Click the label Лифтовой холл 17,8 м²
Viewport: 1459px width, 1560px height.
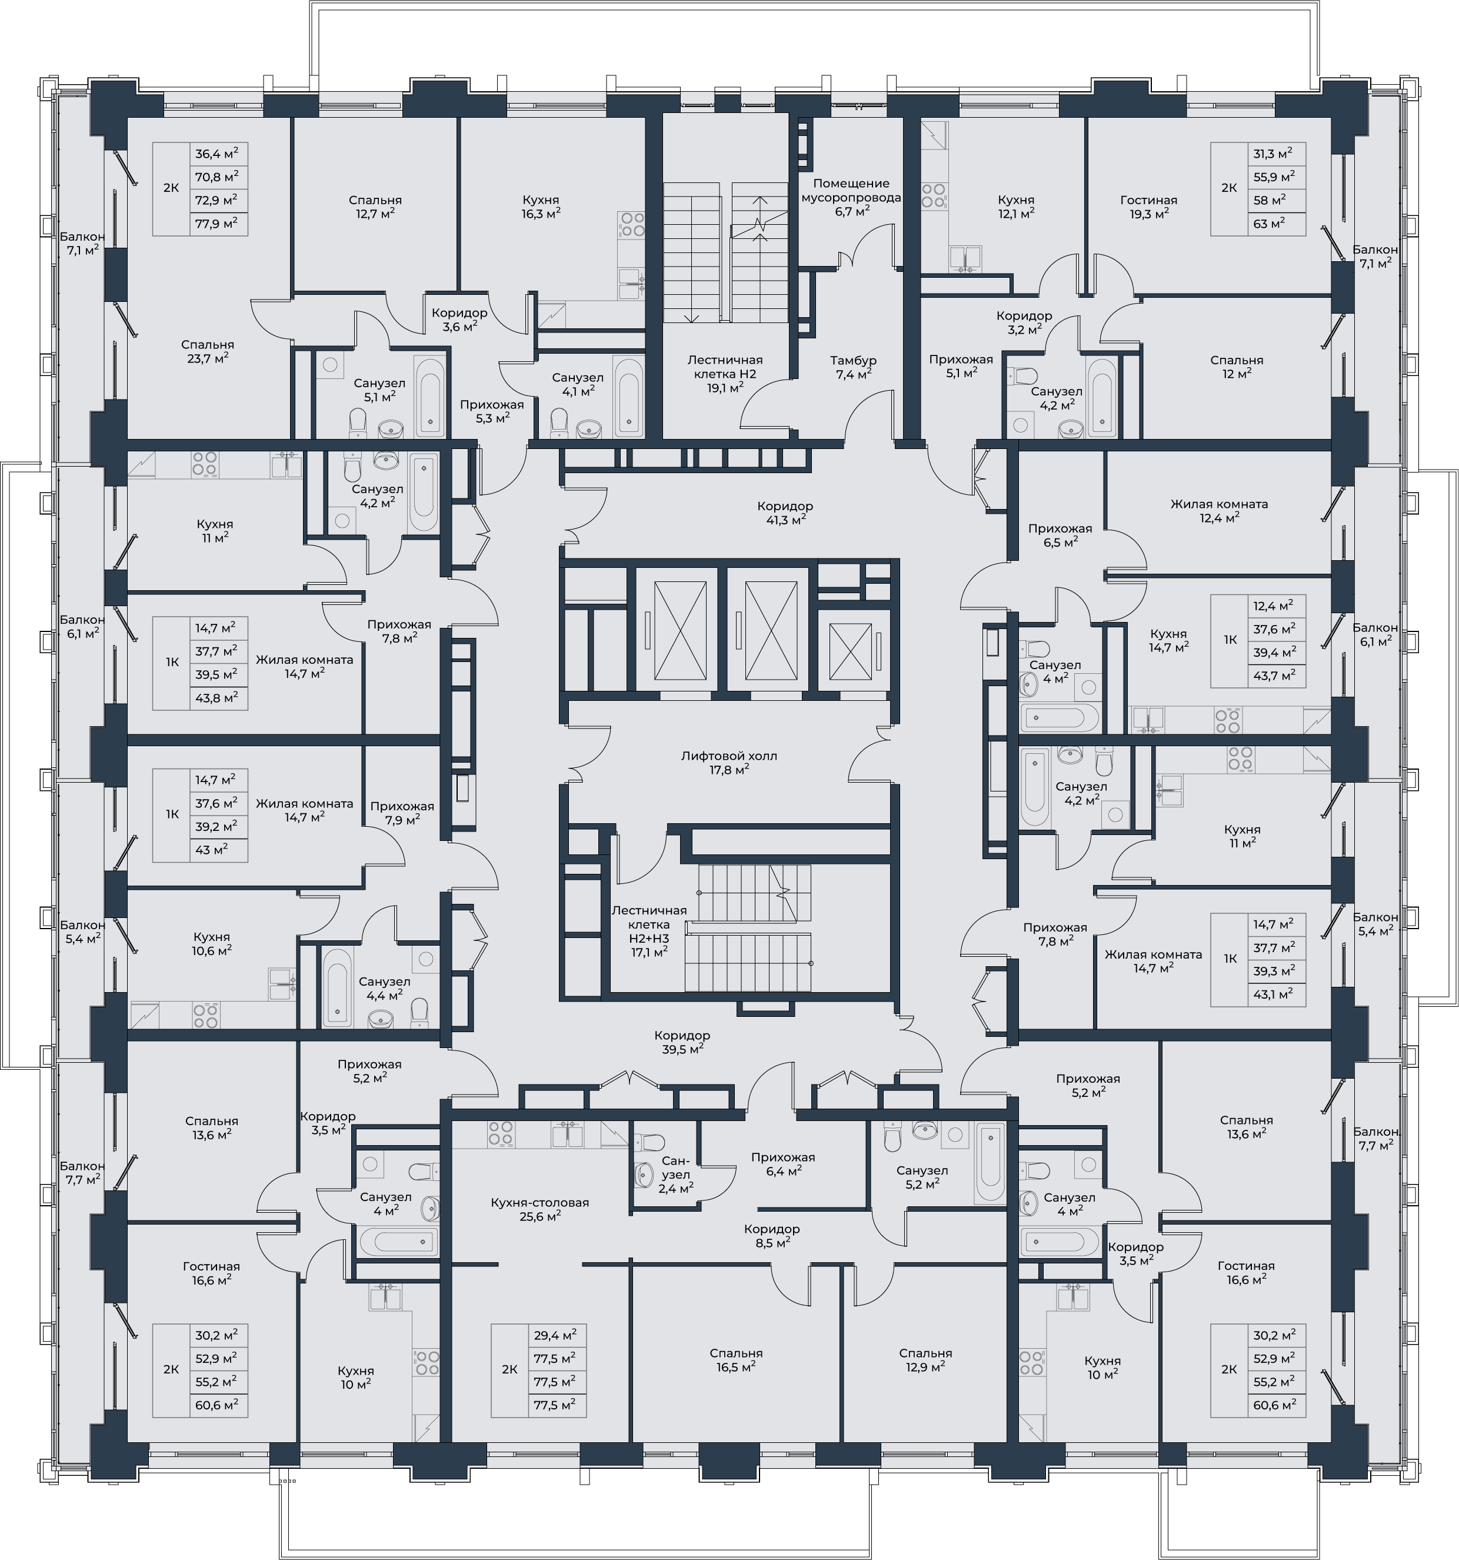click(x=729, y=763)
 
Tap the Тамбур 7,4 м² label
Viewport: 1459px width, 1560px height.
click(x=854, y=367)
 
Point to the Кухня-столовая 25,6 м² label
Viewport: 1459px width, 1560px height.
click(x=539, y=1209)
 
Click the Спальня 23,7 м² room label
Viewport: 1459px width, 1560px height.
click(x=208, y=351)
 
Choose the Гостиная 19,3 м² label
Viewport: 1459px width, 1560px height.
click(x=1148, y=207)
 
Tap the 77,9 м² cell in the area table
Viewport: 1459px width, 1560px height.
click(x=216, y=224)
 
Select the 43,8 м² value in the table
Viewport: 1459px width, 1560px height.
click(x=216, y=697)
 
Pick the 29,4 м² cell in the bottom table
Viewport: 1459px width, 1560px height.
click(x=555, y=1334)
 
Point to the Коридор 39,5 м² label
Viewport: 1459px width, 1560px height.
click(x=682, y=1042)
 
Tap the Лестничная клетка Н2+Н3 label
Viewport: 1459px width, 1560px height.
click(x=649, y=932)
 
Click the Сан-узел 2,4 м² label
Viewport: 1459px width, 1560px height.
click(x=675, y=1174)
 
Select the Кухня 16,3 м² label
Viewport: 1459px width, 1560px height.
click(x=541, y=207)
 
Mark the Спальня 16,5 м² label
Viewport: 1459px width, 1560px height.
click(x=736, y=1360)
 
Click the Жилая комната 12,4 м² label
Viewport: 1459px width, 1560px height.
click(x=1219, y=511)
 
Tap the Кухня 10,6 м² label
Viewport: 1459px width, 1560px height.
click(x=212, y=943)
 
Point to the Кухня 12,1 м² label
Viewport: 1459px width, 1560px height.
click(x=1016, y=207)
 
